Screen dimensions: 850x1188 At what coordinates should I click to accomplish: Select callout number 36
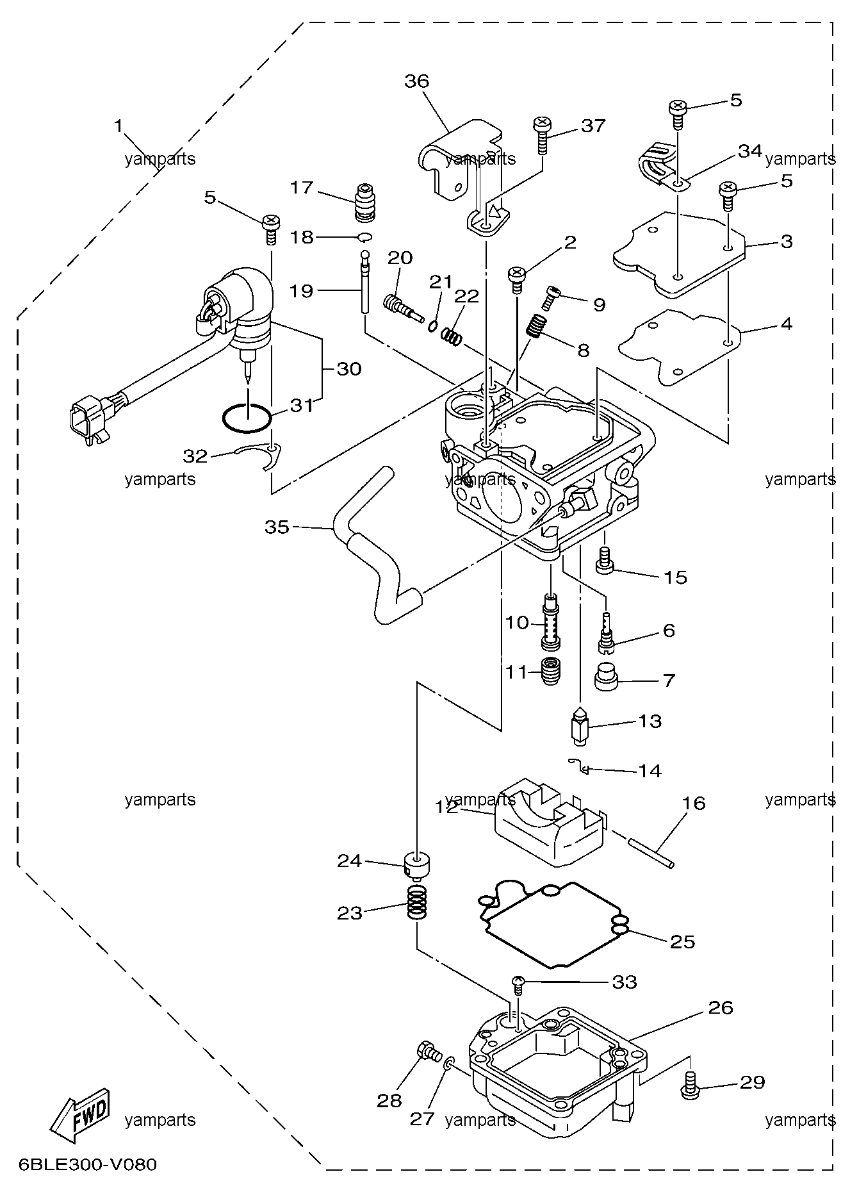tap(416, 81)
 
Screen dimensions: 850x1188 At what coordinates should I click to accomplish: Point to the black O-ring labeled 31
tap(247, 418)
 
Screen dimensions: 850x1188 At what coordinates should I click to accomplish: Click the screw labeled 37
tap(542, 135)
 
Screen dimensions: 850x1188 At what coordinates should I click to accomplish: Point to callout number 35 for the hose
tap(277, 527)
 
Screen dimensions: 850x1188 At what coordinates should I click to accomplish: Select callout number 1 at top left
tap(119, 126)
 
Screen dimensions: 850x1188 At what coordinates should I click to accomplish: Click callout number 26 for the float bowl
tap(720, 1007)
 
